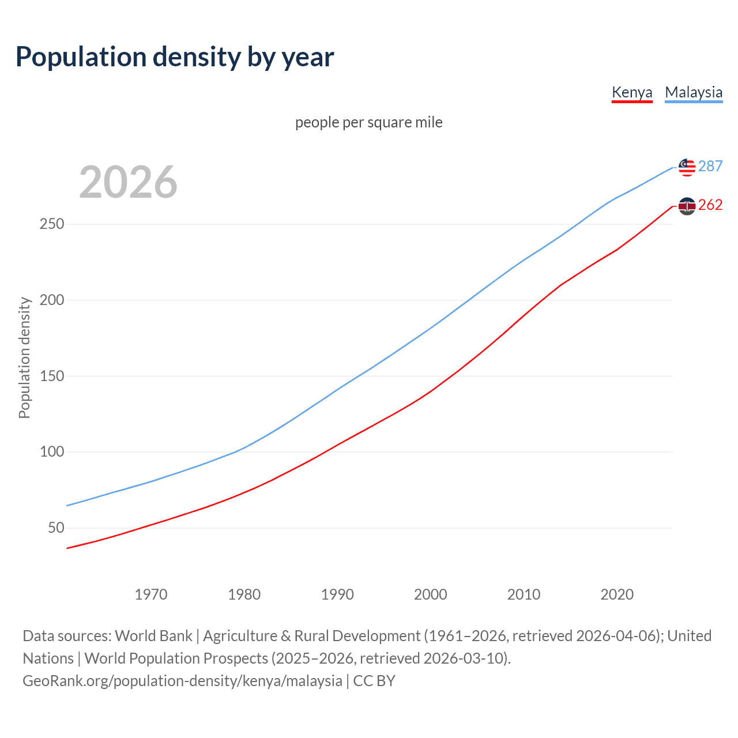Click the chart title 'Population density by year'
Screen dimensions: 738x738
(175, 57)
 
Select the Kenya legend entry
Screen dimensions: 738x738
(632, 92)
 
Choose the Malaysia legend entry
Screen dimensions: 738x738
(694, 92)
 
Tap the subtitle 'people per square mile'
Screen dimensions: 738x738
(369, 122)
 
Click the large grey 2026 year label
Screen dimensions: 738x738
(128, 182)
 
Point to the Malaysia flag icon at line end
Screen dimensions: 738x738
(687, 167)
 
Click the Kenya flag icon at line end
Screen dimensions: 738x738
(687, 206)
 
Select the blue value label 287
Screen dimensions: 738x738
(710, 166)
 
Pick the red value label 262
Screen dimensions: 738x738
(710, 205)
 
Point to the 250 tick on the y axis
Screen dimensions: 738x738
(51, 224)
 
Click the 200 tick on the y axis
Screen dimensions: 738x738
(51, 300)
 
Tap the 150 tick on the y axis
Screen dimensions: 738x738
(51, 376)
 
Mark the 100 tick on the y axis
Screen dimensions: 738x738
(51, 451)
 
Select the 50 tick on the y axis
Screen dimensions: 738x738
(56, 528)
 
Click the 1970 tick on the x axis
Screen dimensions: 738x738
(151, 594)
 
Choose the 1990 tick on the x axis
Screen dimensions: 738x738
(337, 594)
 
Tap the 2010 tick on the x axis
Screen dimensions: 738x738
(524, 594)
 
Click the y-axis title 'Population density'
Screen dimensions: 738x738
(24, 357)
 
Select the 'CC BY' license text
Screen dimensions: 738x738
(374, 681)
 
